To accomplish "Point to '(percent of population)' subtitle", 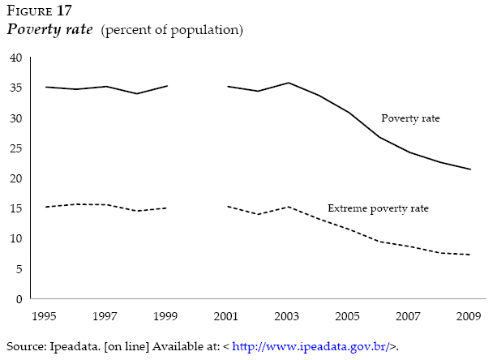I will coord(172,31).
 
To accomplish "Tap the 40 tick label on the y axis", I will coord(15,58).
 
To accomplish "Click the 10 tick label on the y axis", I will coord(15,238).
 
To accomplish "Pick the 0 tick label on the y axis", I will coord(19,299).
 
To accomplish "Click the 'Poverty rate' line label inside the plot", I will coord(410,118).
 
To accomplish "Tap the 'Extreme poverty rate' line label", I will coord(378,208).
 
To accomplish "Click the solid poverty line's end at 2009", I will coord(470,169).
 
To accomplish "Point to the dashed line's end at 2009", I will coord(470,255).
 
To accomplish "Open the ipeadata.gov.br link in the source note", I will coord(311,346).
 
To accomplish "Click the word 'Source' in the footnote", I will coord(25,346).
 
